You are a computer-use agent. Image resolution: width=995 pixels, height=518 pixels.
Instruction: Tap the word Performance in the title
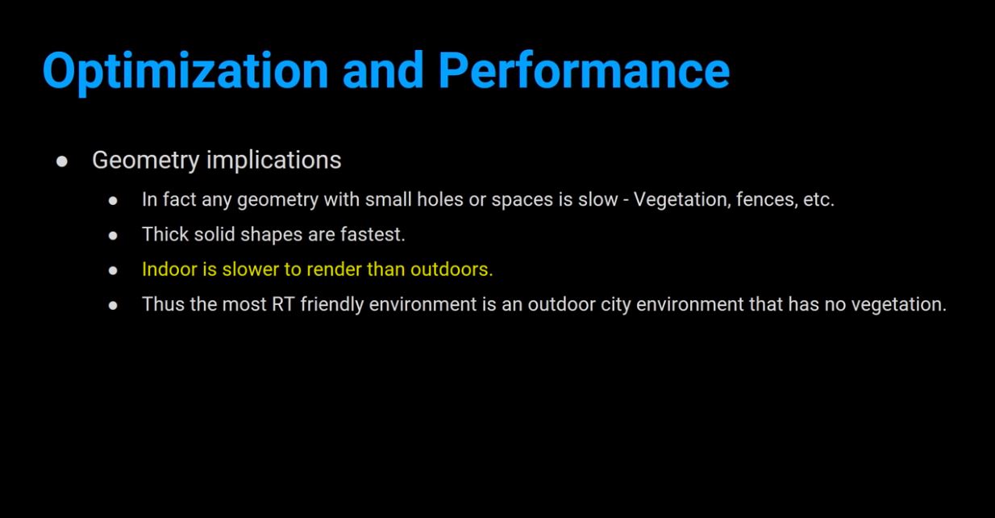(584, 70)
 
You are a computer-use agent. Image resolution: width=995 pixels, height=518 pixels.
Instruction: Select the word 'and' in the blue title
(383, 70)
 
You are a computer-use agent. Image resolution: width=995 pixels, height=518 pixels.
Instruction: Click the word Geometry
(146, 161)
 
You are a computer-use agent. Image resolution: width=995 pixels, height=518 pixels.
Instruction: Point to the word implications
(273, 161)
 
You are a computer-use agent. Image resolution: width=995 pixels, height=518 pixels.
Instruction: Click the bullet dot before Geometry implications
(62, 161)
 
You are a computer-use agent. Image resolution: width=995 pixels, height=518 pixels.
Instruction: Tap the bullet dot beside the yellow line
(113, 270)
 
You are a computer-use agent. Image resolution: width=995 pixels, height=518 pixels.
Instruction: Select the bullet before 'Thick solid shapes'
(113, 236)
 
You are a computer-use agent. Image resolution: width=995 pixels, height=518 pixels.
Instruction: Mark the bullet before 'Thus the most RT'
(113, 306)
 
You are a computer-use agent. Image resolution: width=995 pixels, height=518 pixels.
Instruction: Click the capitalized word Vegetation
(682, 199)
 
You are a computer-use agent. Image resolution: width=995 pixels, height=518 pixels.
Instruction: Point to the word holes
(440, 199)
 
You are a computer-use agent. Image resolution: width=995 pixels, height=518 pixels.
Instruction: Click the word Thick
(165, 234)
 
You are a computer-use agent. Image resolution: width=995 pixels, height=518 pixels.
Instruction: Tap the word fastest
(373, 234)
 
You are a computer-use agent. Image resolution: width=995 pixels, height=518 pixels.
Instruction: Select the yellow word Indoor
(169, 269)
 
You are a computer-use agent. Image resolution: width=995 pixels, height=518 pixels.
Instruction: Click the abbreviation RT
(283, 304)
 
